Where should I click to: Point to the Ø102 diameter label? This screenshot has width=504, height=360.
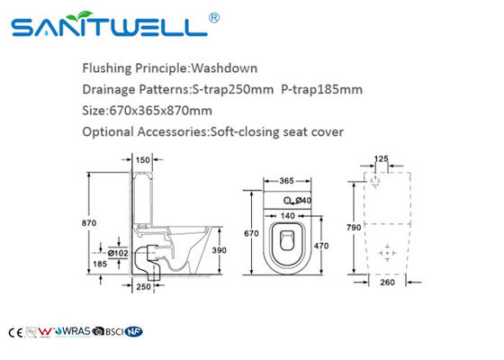pyautogui.click(x=117, y=252)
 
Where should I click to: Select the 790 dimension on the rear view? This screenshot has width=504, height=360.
pyautogui.click(x=355, y=228)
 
